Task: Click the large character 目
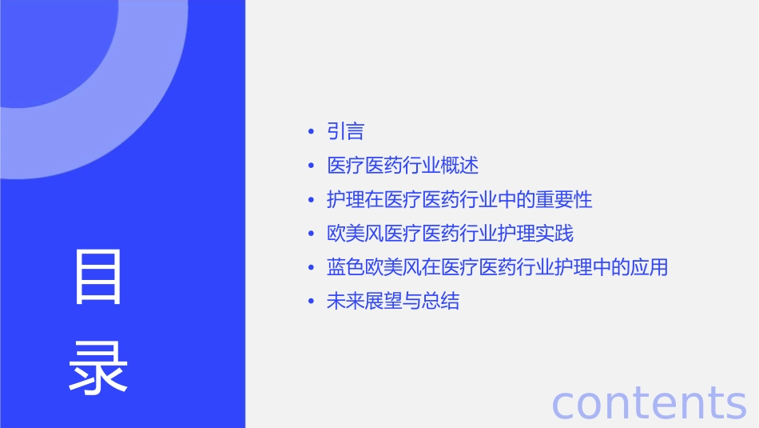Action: (x=98, y=277)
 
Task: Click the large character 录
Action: (x=98, y=369)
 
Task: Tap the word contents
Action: (x=649, y=402)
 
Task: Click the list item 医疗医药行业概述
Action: (x=403, y=166)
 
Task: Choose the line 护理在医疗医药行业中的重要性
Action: (x=459, y=199)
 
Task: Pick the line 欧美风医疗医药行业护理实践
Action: (x=450, y=234)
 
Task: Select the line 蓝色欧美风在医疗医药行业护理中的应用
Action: (x=497, y=267)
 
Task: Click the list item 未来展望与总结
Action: (x=393, y=302)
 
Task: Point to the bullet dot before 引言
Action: (x=310, y=132)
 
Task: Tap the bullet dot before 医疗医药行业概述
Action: (x=310, y=166)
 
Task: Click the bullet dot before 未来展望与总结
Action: (x=310, y=302)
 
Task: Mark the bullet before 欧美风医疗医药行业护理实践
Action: (x=310, y=234)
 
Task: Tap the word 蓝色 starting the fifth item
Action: (x=345, y=267)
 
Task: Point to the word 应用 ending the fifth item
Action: (x=649, y=267)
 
